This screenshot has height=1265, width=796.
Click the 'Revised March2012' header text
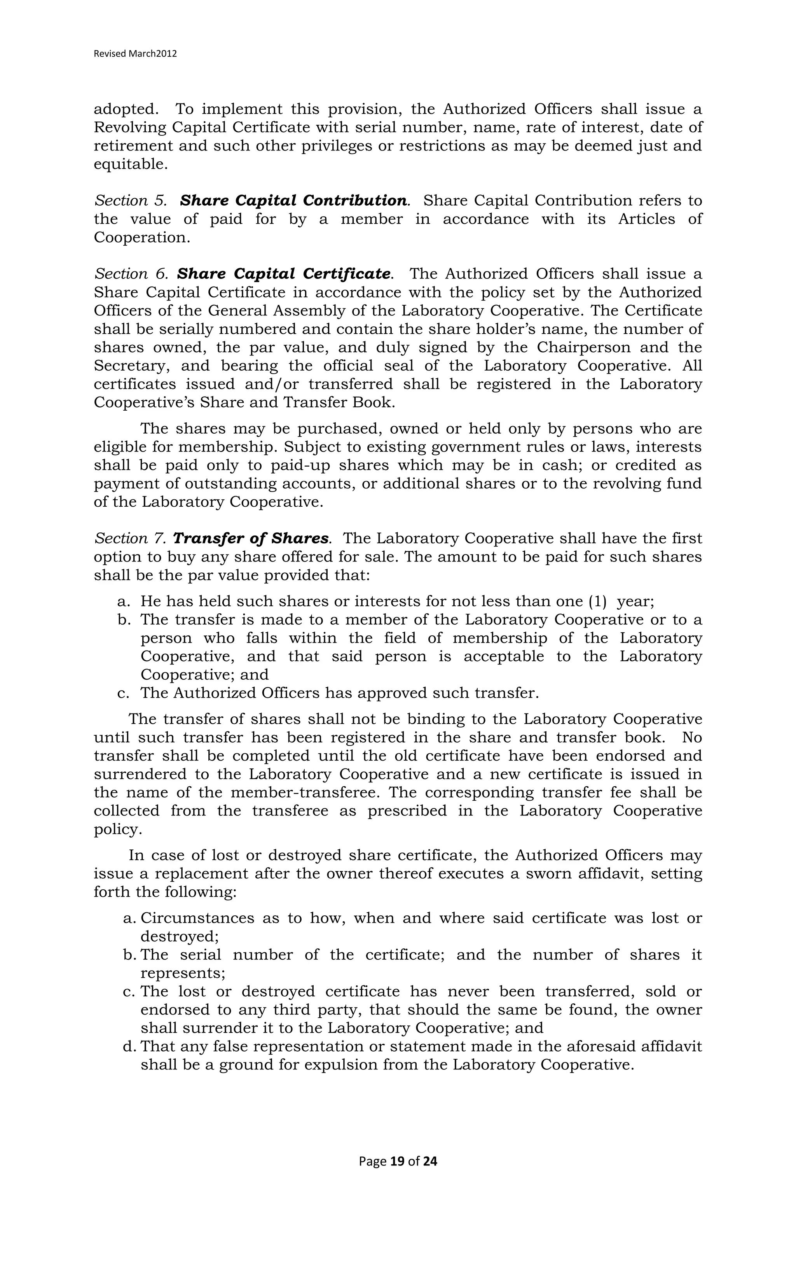[x=135, y=54]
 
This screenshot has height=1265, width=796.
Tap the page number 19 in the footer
[x=398, y=1161]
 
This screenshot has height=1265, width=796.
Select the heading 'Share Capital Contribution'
[x=293, y=201]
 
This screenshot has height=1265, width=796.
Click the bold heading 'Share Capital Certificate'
[x=283, y=274]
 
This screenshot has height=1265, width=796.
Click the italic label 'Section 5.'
[x=130, y=201]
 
